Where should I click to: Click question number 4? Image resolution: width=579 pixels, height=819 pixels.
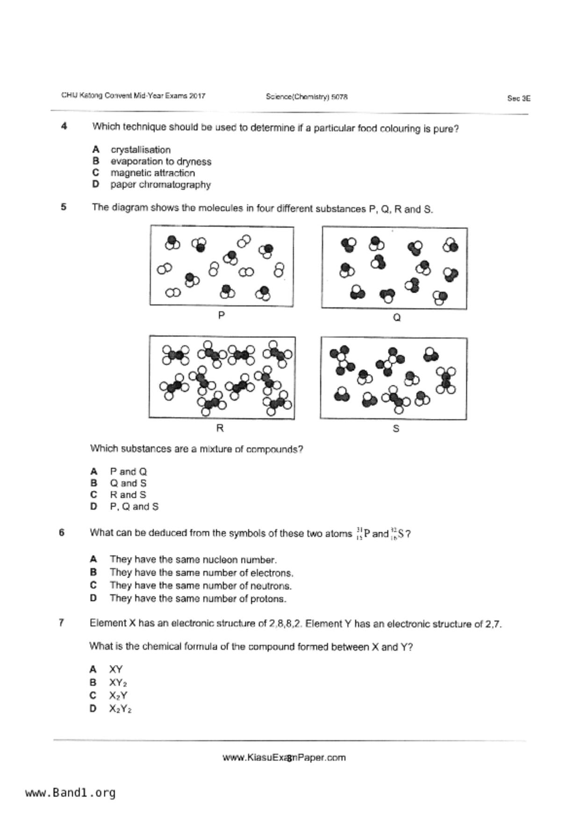(x=64, y=126)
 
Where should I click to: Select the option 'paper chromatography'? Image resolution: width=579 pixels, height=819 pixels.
(x=160, y=185)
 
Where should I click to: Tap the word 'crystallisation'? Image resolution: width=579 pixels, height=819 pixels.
(x=140, y=150)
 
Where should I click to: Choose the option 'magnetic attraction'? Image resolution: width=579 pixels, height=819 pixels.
(x=152, y=173)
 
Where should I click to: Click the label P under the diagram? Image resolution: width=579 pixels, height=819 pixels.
(x=221, y=316)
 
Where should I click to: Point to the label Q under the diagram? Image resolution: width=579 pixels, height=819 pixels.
(x=396, y=318)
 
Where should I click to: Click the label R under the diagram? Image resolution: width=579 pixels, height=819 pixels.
(x=220, y=428)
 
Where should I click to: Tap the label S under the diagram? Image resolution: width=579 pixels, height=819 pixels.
(x=396, y=429)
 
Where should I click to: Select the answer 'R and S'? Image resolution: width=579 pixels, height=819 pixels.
(x=128, y=495)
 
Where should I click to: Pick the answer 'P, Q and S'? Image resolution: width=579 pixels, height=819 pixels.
(x=134, y=507)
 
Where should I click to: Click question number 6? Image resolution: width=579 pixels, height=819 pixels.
(x=62, y=532)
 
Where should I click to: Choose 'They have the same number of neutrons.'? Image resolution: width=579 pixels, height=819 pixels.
(x=200, y=586)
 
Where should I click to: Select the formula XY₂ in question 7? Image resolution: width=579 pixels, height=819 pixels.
(x=118, y=683)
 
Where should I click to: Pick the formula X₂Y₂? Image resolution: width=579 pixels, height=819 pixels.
(x=120, y=709)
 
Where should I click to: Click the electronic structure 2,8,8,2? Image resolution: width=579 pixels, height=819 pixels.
(x=286, y=623)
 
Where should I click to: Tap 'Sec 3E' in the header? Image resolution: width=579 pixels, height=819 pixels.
(x=519, y=99)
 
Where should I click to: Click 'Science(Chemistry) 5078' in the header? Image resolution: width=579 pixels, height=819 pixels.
(x=307, y=97)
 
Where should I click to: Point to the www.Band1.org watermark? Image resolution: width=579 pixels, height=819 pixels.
(x=70, y=793)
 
